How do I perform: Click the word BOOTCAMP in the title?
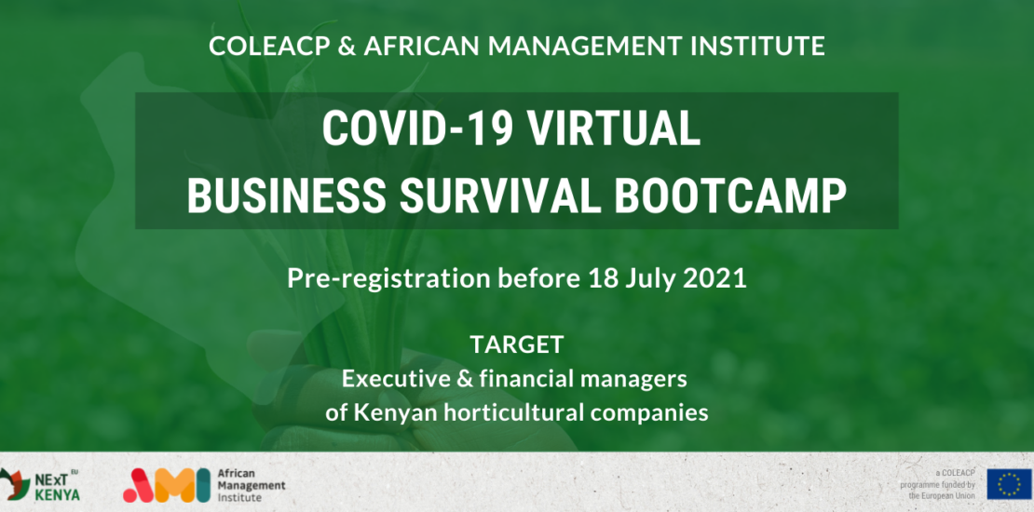click(x=731, y=195)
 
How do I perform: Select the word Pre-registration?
click(x=389, y=278)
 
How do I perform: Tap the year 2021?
click(x=714, y=278)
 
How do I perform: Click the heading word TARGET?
click(x=516, y=344)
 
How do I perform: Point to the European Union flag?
click(x=1009, y=484)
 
